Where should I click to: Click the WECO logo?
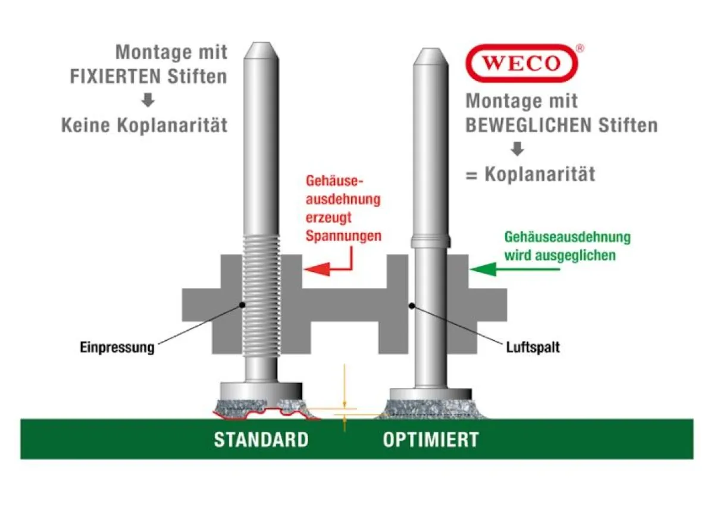(521, 63)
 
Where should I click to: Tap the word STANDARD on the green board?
(261, 440)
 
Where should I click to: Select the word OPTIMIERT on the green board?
(430, 440)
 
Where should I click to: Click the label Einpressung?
(117, 347)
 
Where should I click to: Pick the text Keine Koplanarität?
(145, 126)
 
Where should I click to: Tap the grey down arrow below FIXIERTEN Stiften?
(148, 101)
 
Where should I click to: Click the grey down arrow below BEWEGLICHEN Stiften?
(518, 149)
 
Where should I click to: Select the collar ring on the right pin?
(430, 241)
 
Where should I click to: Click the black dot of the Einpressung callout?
(242, 305)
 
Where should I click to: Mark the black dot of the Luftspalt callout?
(412, 306)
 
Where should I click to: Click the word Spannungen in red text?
(343, 236)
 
